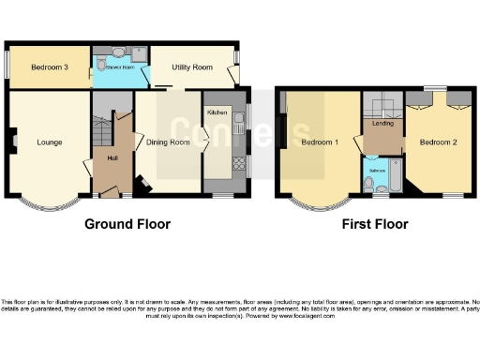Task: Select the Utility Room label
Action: click(x=189, y=67)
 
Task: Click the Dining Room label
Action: click(x=168, y=142)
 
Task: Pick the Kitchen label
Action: click(x=217, y=112)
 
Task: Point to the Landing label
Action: click(x=382, y=120)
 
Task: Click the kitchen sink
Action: click(x=239, y=118)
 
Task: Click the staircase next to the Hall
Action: click(x=101, y=122)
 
